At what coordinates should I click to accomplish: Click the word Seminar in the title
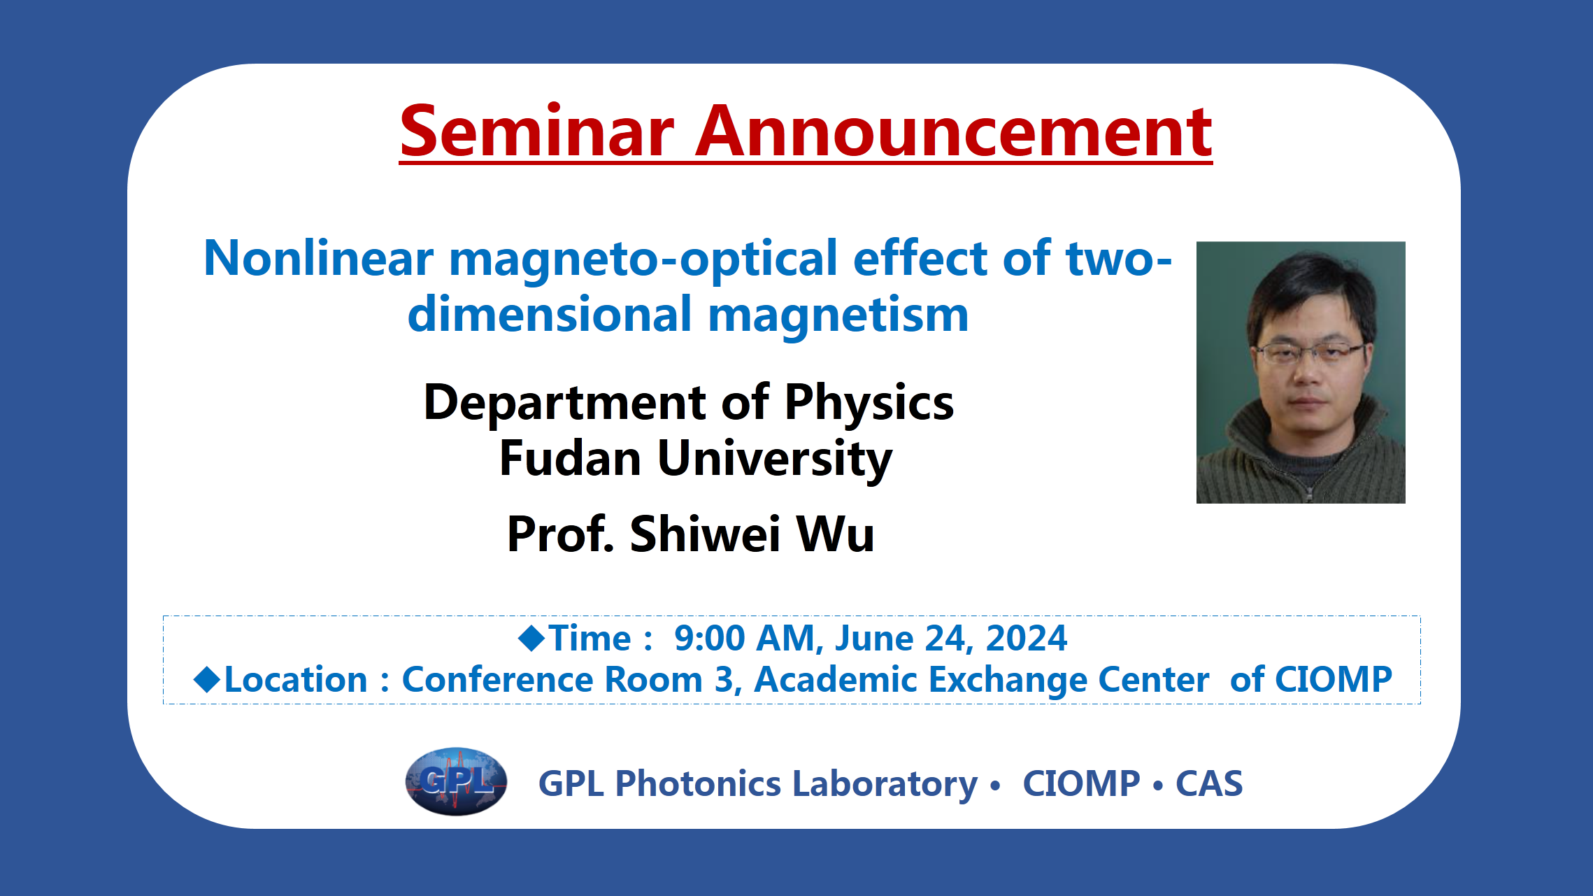click(537, 131)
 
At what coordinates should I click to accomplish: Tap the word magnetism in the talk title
click(838, 315)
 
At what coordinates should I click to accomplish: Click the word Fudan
click(571, 458)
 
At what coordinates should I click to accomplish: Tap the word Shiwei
click(705, 534)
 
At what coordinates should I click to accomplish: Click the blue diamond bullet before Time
click(531, 638)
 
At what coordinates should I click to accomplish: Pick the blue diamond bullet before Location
click(207, 679)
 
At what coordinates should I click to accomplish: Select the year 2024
click(1027, 638)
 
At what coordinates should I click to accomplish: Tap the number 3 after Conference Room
click(724, 679)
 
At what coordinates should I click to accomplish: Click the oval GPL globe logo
click(456, 781)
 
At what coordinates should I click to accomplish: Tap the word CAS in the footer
click(1209, 783)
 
